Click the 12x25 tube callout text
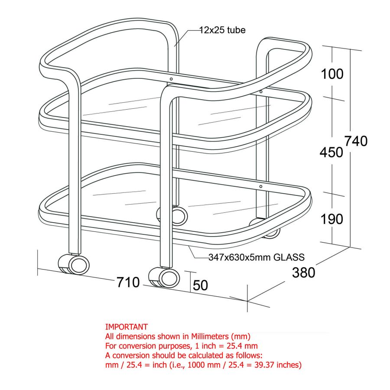(222, 30)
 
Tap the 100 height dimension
(332, 74)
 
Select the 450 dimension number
(331, 152)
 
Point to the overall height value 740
(356, 141)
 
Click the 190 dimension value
(332, 219)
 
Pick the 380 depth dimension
(304, 273)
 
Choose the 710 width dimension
(128, 282)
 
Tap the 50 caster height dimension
(200, 285)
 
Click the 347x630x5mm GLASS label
(257, 257)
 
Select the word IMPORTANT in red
(127, 327)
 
